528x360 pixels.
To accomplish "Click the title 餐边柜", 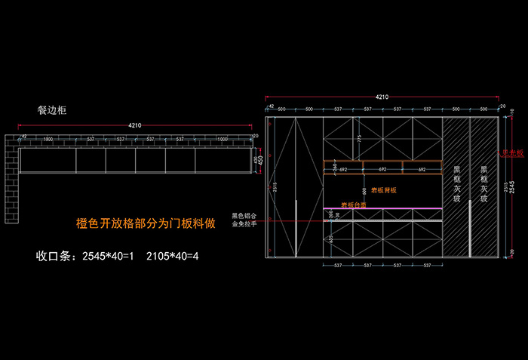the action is [52, 110].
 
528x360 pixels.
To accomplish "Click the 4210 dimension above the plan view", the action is [135, 125].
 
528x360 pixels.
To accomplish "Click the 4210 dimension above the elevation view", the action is [382, 97].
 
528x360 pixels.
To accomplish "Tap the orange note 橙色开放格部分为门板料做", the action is [146, 223].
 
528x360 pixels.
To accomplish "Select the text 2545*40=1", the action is [107, 255].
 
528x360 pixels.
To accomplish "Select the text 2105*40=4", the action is [172, 255].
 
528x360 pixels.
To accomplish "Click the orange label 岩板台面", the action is [353, 204].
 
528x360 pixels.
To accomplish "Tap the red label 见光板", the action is [514, 153].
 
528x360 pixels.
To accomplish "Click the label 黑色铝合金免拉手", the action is [244, 220].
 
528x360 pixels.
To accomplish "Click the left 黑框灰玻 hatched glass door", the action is [456, 185].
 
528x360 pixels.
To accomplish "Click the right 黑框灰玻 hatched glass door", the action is [483, 185].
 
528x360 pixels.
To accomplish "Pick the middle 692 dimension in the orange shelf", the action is [382, 169].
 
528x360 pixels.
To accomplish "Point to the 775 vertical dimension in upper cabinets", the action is [360, 138].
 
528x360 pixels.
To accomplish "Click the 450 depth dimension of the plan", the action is [261, 159].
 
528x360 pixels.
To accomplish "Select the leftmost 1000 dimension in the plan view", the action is [48, 140].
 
